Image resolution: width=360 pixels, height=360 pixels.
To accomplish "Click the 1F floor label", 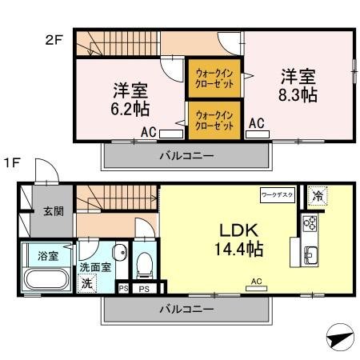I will (11, 163).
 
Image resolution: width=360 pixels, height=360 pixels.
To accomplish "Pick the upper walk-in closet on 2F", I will (214, 78).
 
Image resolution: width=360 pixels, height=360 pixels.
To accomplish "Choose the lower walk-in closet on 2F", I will (214, 121).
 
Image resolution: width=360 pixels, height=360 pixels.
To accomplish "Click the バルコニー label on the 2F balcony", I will (185, 155).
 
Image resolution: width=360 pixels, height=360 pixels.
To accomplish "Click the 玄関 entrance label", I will (54, 211).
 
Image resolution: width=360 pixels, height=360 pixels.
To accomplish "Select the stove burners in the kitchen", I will (310, 223).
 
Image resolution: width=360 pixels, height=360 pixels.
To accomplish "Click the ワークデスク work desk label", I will (278, 194).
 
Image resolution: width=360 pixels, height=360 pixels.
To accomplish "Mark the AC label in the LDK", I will (256, 282).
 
